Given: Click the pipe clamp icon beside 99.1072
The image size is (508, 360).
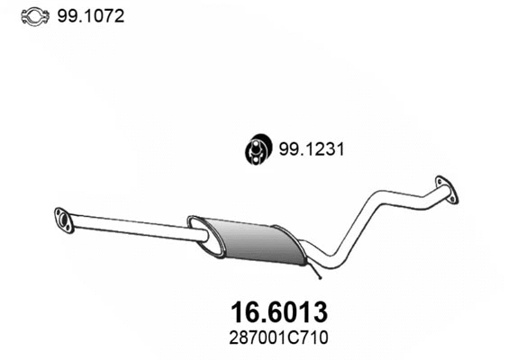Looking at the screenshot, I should click(32, 15).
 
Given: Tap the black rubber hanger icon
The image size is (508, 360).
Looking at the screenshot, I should click(257, 149).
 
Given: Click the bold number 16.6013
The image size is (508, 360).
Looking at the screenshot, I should click(273, 312).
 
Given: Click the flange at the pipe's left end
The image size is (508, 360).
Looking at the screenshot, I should click(64, 219).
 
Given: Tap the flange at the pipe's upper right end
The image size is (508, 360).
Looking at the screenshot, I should click(445, 185).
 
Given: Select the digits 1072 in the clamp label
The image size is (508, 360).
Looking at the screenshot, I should click(101, 15).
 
